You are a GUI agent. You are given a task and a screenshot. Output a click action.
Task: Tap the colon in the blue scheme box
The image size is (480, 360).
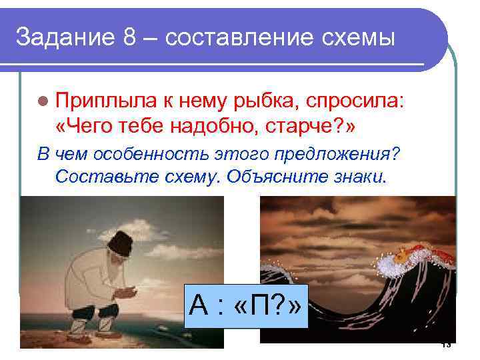pyautogui.click(x=221, y=308)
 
